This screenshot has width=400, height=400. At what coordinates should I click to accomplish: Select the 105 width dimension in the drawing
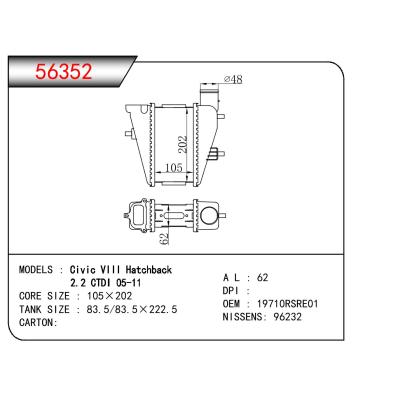(171, 169)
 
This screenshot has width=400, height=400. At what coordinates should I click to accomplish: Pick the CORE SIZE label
(48, 297)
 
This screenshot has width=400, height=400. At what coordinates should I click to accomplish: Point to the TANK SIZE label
(48, 310)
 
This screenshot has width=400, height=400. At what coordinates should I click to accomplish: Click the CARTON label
(41, 323)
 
